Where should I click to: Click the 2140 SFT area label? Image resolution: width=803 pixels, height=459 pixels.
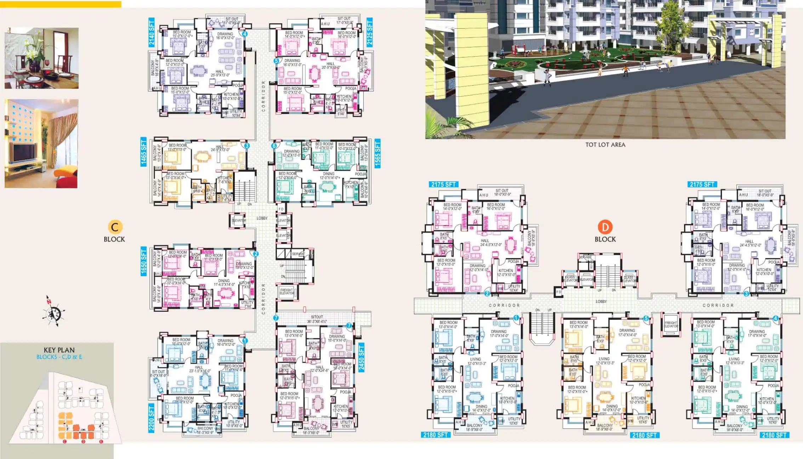click(152, 33)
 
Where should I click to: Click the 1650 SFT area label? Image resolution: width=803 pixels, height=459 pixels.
click(144, 261)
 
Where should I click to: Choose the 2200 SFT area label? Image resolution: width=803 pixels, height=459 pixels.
click(152, 418)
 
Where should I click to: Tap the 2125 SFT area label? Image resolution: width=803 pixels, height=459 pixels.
click(370, 33)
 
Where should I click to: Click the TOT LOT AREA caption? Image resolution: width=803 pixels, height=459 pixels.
click(605, 144)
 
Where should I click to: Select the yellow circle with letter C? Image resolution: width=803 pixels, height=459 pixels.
click(114, 227)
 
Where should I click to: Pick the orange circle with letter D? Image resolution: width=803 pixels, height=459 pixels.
click(605, 227)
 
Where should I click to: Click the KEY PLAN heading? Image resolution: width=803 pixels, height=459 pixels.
click(59, 350)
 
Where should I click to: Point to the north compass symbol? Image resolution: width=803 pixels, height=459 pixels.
click(53, 312)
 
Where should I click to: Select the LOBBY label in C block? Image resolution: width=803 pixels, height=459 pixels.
click(262, 218)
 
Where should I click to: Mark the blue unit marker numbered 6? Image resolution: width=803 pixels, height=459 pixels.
click(274, 146)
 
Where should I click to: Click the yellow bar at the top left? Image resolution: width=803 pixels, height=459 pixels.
click(61, 4)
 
